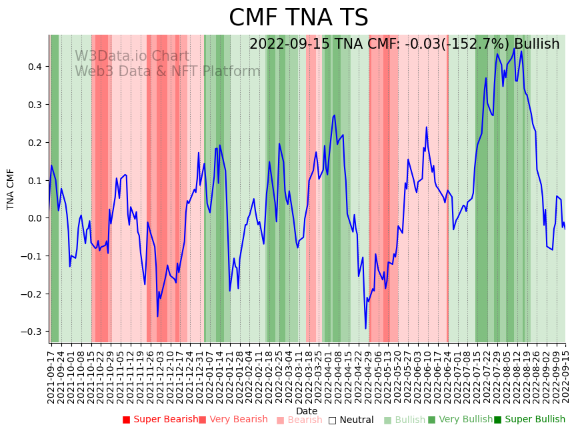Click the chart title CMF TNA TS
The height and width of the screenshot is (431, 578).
coord(298,18)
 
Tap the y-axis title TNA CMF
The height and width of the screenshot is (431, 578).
coord(11,189)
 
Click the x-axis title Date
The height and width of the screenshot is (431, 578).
coord(307,411)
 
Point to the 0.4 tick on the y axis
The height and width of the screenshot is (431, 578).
coord(33,67)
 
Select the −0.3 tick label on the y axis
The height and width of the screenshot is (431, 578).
coord(31,332)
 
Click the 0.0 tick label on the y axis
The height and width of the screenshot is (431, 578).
coord(33,218)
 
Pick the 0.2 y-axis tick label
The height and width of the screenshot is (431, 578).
coord(33,143)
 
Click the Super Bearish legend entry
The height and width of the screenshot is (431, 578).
coord(160,420)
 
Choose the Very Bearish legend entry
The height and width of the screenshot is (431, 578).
coord(233,420)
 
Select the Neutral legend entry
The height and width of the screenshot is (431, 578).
coord(351,420)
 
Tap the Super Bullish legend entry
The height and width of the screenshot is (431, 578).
coord(529,420)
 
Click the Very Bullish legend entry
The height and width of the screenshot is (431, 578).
coord(459,420)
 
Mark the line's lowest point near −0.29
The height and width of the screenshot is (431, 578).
coord(365,328)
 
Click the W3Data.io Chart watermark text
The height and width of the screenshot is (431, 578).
coord(132,56)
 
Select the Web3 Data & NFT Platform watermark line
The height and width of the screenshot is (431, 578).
coord(167,71)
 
